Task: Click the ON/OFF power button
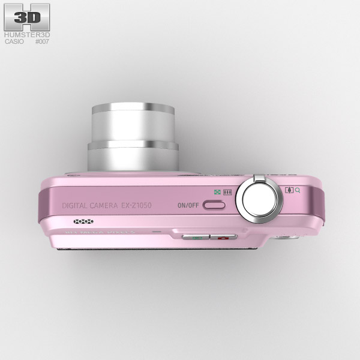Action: pos(214,205)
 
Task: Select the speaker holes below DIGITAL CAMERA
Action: pos(83,221)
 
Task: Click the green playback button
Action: pos(196,237)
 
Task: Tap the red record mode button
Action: pos(223,237)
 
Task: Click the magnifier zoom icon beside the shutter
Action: pos(298,190)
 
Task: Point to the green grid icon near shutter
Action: pos(217,193)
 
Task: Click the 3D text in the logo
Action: pos(27,18)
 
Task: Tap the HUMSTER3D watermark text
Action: pos(27,35)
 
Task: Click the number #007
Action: pos(42,42)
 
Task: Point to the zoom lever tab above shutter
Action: pos(259,178)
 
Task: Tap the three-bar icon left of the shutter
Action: pos(227,193)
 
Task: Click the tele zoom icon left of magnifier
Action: pos(290,190)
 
